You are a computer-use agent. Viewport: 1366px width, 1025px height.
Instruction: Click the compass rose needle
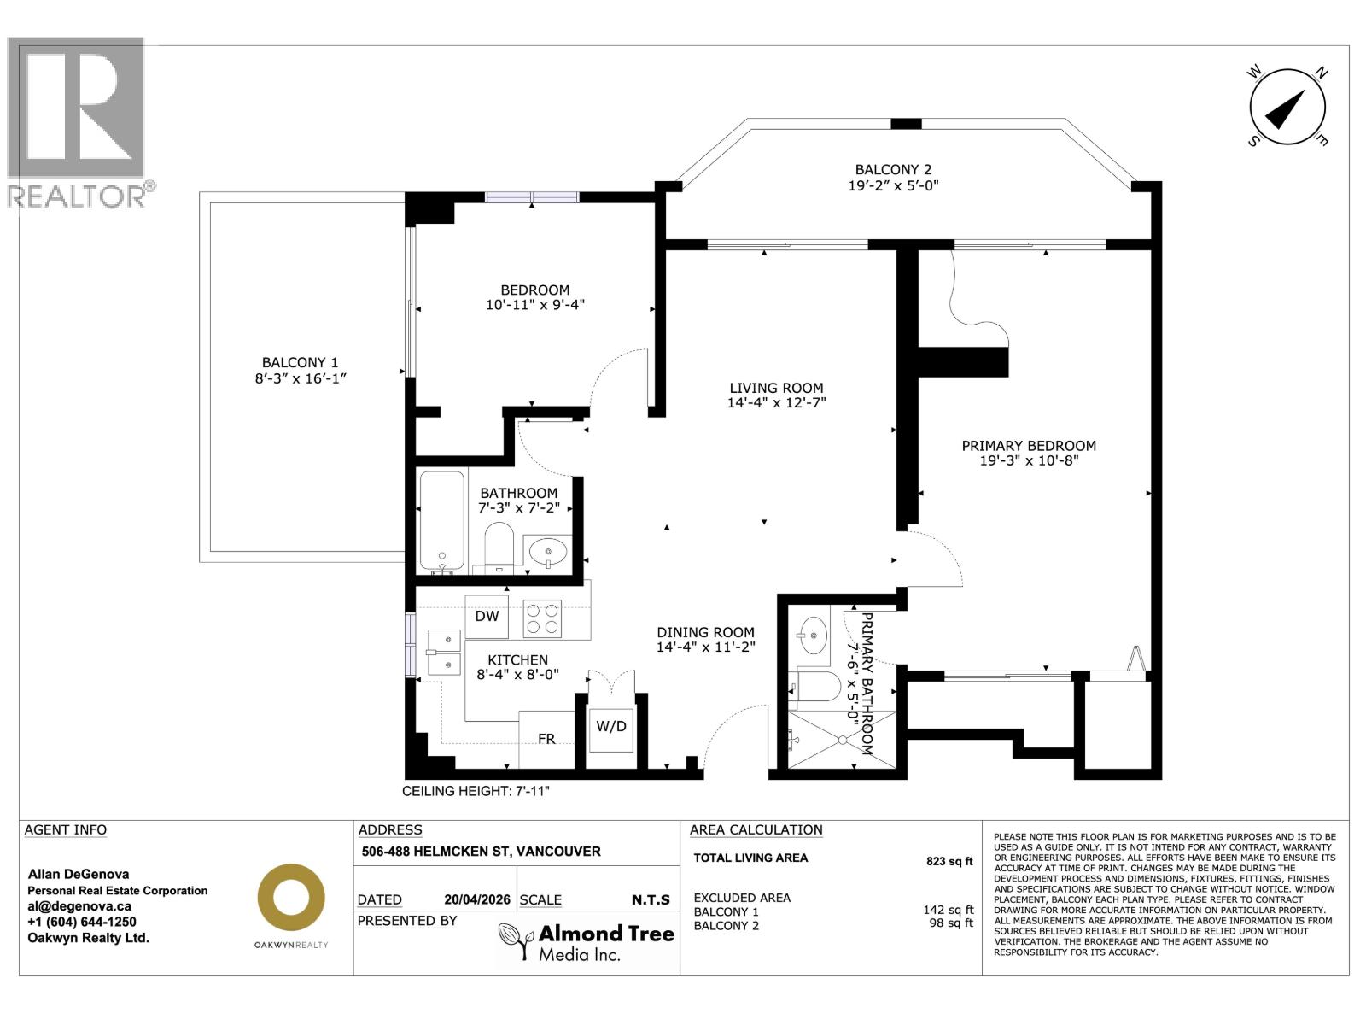point(1287,109)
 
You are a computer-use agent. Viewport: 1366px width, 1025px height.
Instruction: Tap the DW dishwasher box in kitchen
point(487,616)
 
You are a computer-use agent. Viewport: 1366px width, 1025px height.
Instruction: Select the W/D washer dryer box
point(611,727)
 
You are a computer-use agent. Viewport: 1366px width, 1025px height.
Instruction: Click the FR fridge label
point(546,739)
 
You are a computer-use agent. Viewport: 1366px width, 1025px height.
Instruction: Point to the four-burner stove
point(542,618)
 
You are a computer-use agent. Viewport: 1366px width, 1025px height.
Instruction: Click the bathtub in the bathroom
point(442,521)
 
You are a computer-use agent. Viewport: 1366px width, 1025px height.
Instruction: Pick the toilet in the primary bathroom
point(817,686)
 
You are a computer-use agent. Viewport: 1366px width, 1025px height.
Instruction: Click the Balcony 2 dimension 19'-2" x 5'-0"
point(893,185)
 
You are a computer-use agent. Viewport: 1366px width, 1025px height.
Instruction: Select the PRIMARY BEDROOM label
point(1029,445)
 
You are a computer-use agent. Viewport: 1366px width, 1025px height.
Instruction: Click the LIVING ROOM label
point(776,388)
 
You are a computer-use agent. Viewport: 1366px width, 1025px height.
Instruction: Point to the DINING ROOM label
point(705,632)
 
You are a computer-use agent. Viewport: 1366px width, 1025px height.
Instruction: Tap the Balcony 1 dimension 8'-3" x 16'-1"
point(301,378)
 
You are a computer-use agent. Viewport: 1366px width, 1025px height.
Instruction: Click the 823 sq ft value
point(949,861)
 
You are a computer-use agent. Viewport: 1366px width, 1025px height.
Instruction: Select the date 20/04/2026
point(477,899)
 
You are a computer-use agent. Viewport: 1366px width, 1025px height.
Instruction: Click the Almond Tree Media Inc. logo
point(587,942)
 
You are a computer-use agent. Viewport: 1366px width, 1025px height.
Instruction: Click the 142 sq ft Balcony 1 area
point(948,911)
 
